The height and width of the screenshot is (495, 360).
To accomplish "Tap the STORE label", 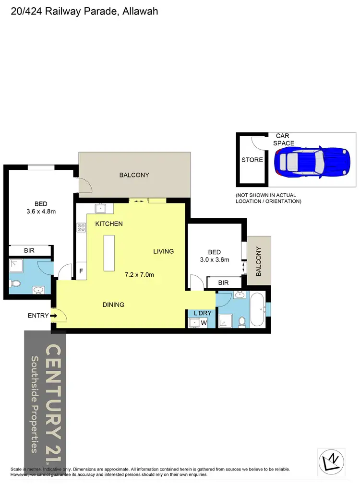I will click(252, 160).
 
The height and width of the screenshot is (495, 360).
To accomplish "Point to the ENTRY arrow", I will click(53, 316).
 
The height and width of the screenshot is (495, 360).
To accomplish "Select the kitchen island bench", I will click(110, 252).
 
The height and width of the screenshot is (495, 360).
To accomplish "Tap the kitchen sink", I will click(101, 208).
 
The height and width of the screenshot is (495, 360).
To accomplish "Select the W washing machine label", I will click(204, 323).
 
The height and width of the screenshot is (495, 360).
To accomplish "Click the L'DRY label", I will click(203, 313).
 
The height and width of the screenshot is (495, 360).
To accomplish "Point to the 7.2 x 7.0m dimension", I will click(140, 274).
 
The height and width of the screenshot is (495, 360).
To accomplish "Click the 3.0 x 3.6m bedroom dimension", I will click(214, 260).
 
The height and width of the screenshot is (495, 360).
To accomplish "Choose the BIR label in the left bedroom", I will click(29, 250).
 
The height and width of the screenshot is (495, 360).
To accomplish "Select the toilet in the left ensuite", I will click(15, 284).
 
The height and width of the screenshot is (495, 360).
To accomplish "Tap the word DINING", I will click(113, 305).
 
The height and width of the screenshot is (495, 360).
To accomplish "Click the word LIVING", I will click(163, 251).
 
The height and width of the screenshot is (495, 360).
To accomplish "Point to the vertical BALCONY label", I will click(259, 261).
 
